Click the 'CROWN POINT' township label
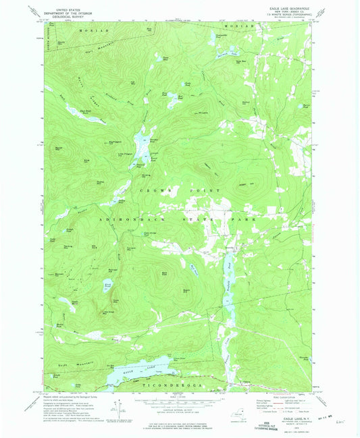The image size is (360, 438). (x=178, y=192)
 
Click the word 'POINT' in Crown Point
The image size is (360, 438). (x=207, y=192)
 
